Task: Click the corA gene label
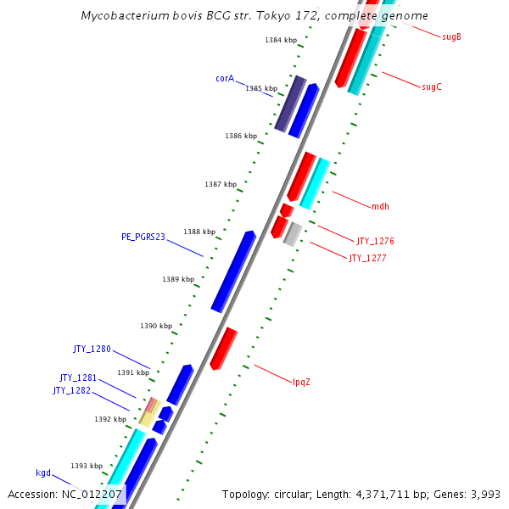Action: point(225,78)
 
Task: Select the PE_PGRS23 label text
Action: point(143,237)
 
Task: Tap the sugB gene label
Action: point(452,36)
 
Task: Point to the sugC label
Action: point(432,87)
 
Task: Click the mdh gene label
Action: point(380,206)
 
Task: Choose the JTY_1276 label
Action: point(375,241)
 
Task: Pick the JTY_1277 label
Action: point(367,258)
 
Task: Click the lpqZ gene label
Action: point(301,382)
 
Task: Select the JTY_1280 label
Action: point(92,349)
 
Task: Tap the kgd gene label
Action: point(43,473)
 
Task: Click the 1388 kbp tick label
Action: point(199,232)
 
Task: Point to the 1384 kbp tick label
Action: point(281,40)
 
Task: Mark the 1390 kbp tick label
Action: point(156,326)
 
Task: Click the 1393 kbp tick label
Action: point(87,466)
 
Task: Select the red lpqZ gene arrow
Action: point(223,349)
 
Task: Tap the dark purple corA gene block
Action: point(290,103)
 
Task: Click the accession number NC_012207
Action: point(92,494)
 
